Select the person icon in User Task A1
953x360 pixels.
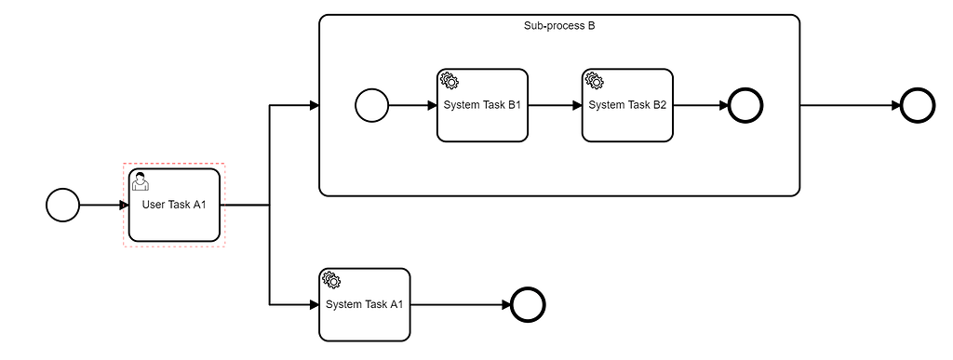pyautogui.click(x=140, y=180)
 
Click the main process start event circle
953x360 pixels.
pyautogui.click(x=62, y=205)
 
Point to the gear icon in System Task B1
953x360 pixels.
pyautogui.click(x=449, y=81)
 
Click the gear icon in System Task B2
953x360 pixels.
pyautogui.click(x=594, y=81)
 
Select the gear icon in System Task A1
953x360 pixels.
pyautogui.click(x=331, y=280)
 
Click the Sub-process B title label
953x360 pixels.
pyautogui.click(x=559, y=26)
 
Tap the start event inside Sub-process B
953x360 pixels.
pyautogui.click(x=371, y=105)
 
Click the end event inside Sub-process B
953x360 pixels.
pyautogui.click(x=745, y=105)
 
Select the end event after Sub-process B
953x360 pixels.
pyautogui.click(x=918, y=105)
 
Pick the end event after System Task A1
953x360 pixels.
pyautogui.click(x=528, y=304)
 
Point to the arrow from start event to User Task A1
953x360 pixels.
pyautogui.click(x=103, y=205)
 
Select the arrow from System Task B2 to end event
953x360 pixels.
pyautogui.click(x=700, y=105)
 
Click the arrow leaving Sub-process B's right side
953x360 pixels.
pyautogui.click(x=849, y=105)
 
